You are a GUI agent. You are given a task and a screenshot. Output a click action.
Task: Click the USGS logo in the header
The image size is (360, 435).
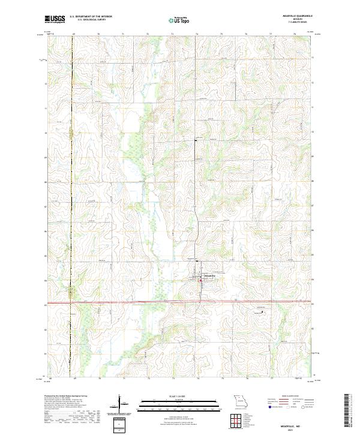pyautogui.click(x=55, y=19)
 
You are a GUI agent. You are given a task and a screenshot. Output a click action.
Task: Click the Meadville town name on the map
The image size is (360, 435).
pyautogui.click(x=210, y=277)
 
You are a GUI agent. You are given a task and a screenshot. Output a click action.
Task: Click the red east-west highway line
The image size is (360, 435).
pyautogui.click(x=150, y=302)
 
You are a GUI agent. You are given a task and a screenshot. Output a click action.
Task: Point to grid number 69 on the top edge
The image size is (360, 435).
pyautogui.click(x=73, y=35)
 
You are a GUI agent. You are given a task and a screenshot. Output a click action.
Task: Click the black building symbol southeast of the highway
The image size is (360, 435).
pyautogui.click(x=262, y=311)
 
